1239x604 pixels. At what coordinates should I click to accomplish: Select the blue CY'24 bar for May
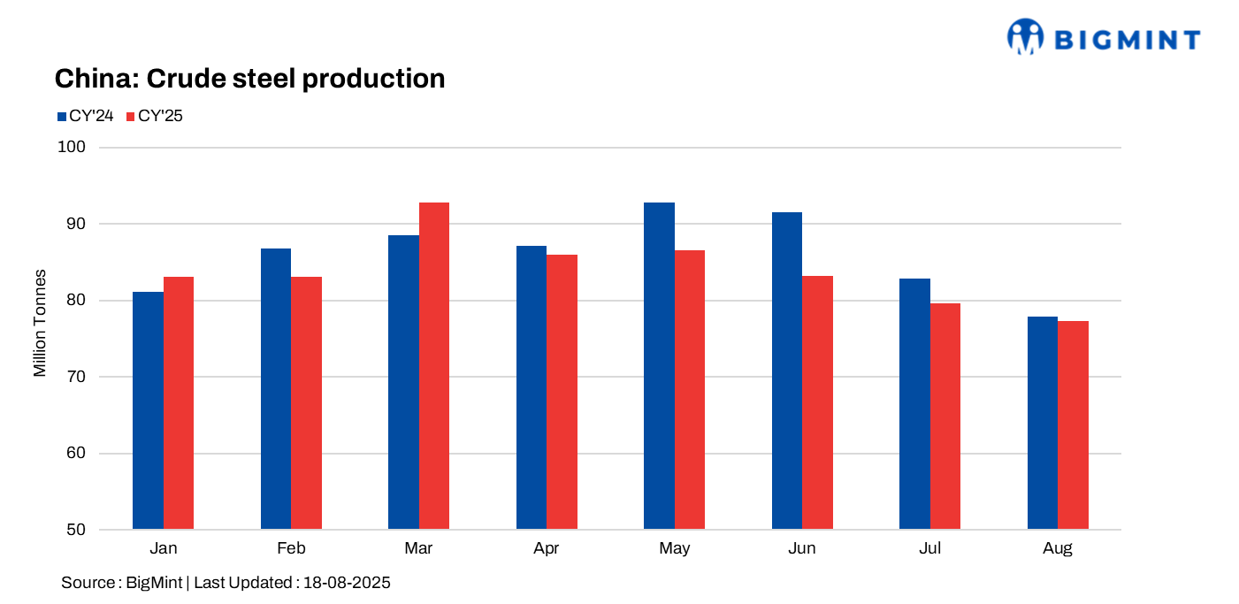659,366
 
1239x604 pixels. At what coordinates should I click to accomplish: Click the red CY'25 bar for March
434,366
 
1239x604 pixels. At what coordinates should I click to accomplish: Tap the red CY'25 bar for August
1073,425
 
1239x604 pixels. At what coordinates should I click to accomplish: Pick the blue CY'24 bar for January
148,410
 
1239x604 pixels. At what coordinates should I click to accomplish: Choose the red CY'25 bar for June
817,402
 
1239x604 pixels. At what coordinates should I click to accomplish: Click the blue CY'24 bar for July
914,404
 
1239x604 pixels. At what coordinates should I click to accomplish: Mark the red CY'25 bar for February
306,402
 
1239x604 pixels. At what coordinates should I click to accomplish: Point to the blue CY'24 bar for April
532,387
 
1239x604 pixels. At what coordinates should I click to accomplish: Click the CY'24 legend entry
85,116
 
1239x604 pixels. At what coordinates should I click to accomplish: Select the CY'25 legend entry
155,116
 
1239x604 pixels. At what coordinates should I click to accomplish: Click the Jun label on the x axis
801,549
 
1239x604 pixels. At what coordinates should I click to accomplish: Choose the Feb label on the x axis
291,549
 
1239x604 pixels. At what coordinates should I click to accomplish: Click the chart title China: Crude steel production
249,79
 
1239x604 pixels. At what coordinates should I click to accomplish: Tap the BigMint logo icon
1026,37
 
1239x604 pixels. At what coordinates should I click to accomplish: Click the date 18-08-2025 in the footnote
347,583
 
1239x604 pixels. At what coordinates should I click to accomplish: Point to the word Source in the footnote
86,583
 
